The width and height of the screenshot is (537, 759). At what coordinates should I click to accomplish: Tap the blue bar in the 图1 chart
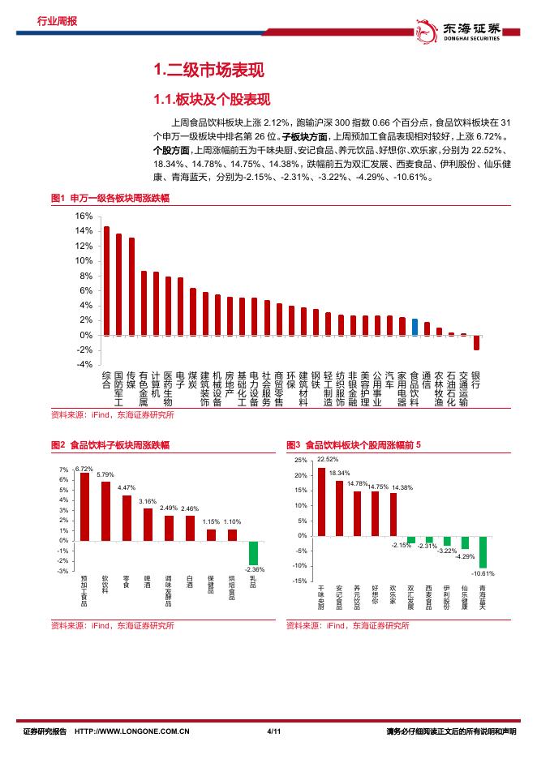[x=415, y=327]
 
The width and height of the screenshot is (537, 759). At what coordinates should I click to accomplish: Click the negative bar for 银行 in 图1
[x=476, y=342]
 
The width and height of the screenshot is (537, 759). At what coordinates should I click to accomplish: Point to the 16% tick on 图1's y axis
[x=84, y=217]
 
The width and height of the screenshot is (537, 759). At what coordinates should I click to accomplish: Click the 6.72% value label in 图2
[x=84, y=469]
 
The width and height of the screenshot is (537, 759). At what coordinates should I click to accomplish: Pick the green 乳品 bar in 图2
[x=253, y=552]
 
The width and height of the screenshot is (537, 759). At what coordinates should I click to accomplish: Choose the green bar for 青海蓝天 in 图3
[x=483, y=551]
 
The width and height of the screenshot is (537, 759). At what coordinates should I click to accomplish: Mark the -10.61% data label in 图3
[x=483, y=573]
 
